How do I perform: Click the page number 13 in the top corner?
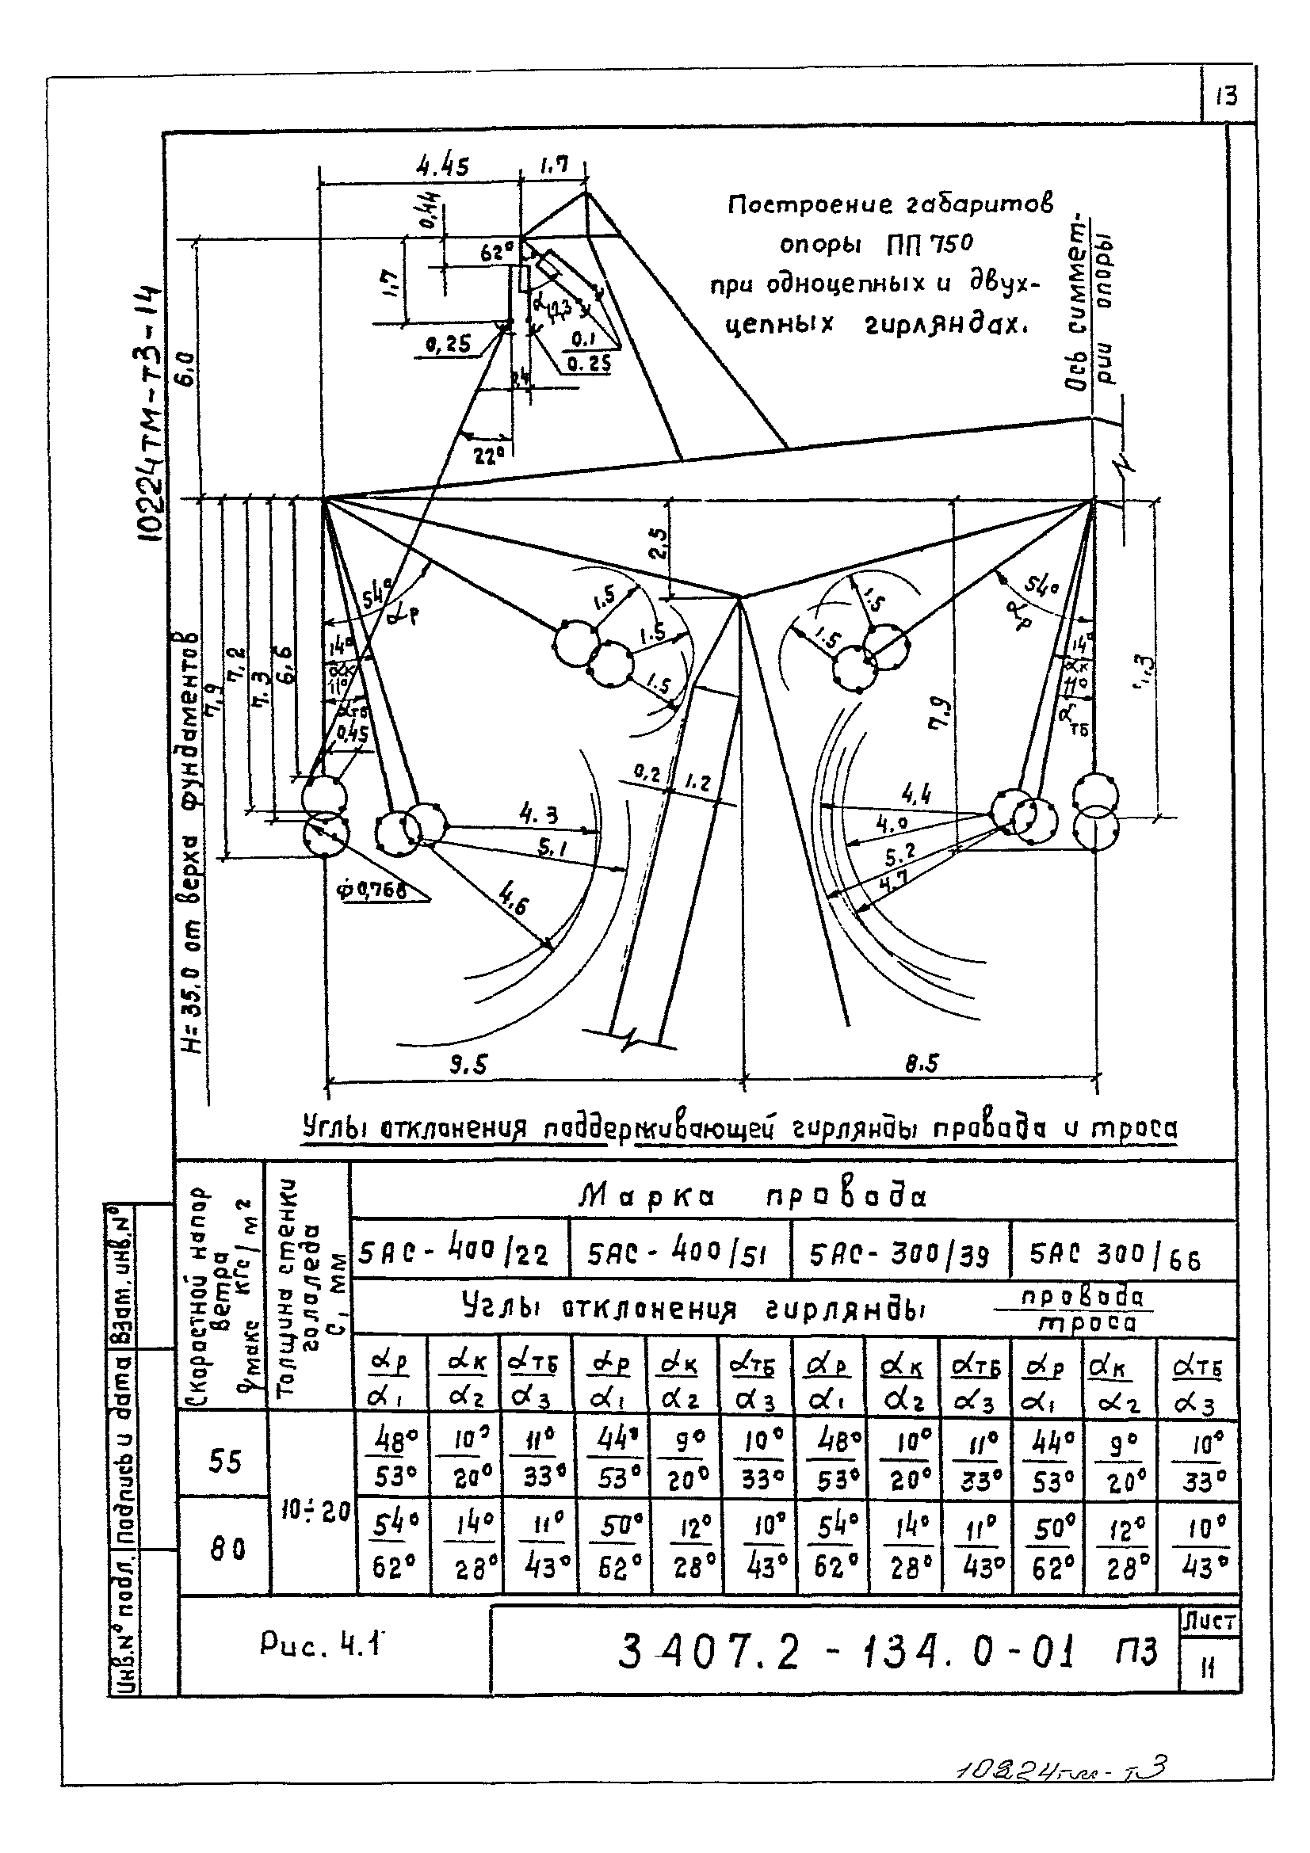[1225, 97]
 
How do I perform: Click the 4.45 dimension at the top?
[442, 166]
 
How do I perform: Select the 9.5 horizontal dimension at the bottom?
[468, 1066]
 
